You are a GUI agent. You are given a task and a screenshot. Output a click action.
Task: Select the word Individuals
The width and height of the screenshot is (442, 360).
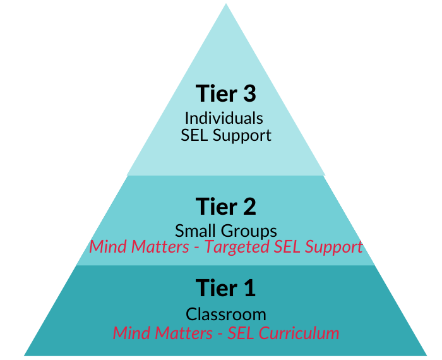tap(224, 117)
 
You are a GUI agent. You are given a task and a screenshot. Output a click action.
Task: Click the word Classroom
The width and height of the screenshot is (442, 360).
tap(225, 314)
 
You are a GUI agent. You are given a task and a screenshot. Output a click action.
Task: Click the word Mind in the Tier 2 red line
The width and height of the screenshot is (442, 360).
tap(107, 246)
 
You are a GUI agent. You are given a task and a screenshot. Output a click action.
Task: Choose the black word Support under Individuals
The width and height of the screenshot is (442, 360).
tap(242, 135)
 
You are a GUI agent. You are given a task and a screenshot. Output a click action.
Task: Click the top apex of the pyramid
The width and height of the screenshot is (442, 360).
tap(226, 4)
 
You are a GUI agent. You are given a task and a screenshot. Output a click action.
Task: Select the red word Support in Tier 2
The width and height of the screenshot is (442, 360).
tap(333, 247)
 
